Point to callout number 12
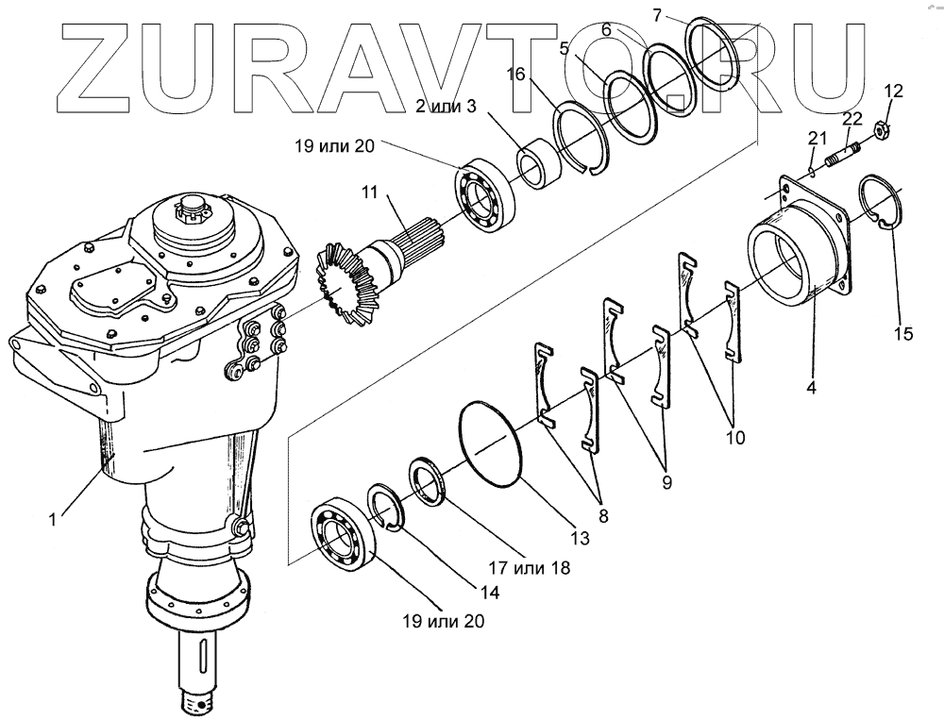[893, 92]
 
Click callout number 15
[904, 334]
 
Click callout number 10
[735, 437]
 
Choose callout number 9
[666, 481]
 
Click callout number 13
[579, 538]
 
